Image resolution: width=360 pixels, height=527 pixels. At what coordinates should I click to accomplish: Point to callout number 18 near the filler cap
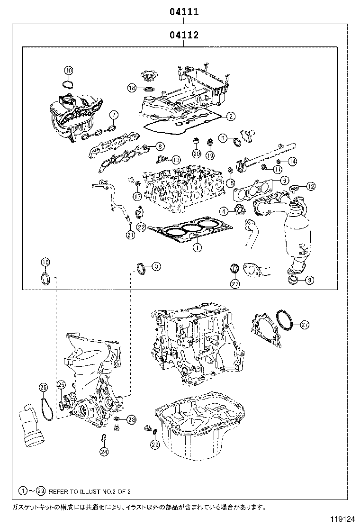click(x=132, y=88)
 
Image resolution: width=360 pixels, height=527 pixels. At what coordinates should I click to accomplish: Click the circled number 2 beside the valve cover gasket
click(x=231, y=116)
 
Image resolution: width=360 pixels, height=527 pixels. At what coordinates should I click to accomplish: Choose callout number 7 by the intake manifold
click(x=114, y=115)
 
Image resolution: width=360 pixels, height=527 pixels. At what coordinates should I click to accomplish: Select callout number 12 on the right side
click(x=310, y=186)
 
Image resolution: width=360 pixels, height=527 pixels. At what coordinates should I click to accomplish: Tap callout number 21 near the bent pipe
click(x=130, y=234)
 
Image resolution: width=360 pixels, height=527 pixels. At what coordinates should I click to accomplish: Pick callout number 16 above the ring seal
click(x=45, y=263)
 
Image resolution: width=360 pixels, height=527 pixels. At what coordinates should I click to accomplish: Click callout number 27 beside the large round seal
click(x=305, y=325)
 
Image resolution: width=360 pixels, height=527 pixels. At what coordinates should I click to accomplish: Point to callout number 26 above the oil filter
click(x=43, y=388)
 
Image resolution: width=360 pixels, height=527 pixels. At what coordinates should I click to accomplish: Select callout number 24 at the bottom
click(x=104, y=452)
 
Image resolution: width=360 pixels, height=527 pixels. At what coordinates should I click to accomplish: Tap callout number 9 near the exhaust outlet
click(x=309, y=280)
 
